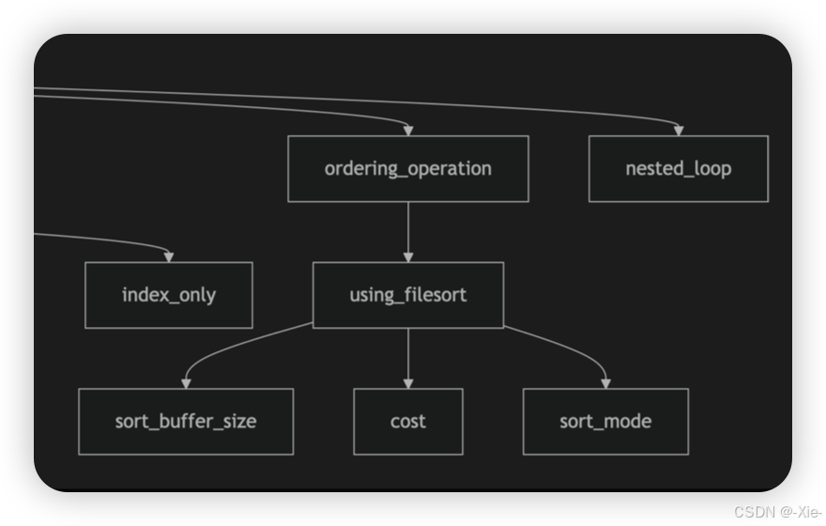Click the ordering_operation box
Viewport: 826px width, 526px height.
pos(407,169)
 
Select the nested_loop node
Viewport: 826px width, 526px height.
pos(678,169)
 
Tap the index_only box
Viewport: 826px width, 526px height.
pos(169,295)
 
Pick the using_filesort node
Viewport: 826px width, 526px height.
pos(407,295)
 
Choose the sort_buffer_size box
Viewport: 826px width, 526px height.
pos(186,421)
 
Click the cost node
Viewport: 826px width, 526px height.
pos(407,421)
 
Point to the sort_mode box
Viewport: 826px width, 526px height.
pos(605,421)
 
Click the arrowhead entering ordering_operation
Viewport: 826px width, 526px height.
pos(407,130)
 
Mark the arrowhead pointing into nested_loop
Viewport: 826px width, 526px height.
pos(678,130)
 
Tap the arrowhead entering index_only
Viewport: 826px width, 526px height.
pos(169,256)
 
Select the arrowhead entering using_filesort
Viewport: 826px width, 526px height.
pos(407,256)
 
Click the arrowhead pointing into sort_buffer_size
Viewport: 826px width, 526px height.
pos(186,382)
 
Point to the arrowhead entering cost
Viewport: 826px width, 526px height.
pos(407,382)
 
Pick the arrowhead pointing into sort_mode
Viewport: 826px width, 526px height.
pos(605,382)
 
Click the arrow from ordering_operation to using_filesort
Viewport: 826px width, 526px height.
pos(407,230)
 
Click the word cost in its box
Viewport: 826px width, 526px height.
pos(407,421)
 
